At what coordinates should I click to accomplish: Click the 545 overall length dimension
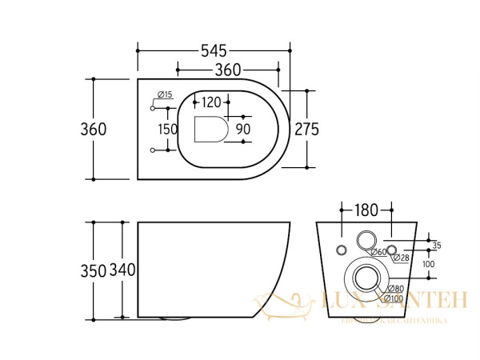[214, 50]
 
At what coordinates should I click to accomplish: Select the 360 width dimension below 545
[227, 70]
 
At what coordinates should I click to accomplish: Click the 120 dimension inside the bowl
[211, 102]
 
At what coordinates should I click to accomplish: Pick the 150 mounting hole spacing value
[168, 129]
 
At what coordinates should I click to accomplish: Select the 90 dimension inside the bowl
[242, 129]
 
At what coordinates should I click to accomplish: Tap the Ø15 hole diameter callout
[165, 95]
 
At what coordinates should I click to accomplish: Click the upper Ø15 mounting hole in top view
[152, 107]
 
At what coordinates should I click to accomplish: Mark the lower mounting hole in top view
[152, 150]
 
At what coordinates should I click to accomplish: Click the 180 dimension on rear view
[366, 211]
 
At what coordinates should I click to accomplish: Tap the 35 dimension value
[436, 245]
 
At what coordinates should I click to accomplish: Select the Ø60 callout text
[378, 253]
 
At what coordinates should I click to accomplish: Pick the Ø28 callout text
[400, 258]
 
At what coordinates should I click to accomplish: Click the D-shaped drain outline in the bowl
[211, 129]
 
